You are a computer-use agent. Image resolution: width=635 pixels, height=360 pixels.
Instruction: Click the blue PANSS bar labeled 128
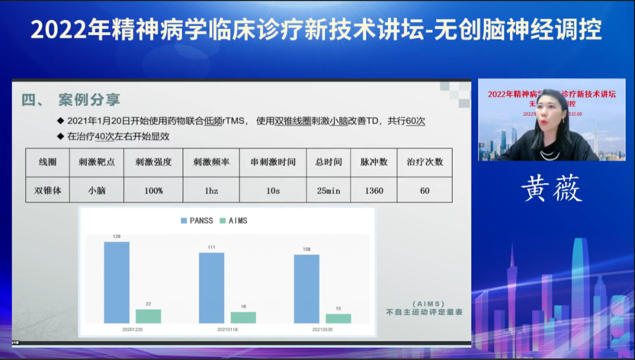pyautogui.click(x=116, y=282)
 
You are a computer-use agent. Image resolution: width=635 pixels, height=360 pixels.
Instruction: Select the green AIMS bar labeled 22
pyautogui.click(x=148, y=316)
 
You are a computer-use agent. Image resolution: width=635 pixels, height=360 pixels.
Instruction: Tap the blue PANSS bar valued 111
pyautogui.click(x=212, y=288)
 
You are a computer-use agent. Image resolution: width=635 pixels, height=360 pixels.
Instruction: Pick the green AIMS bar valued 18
pyautogui.click(x=243, y=317)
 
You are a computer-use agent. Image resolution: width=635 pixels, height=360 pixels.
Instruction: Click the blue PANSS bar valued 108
pyautogui.click(x=306, y=289)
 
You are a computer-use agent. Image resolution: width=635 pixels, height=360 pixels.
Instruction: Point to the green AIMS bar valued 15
pyautogui.click(x=338, y=318)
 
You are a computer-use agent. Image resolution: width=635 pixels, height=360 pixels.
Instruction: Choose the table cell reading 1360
pyautogui.click(x=374, y=191)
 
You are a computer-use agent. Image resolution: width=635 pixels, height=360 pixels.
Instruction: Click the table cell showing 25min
pyautogui.click(x=328, y=191)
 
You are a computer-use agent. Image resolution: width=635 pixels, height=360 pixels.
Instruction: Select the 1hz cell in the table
pyautogui.click(x=211, y=191)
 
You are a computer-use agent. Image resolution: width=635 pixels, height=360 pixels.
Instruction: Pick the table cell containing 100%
pyautogui.click(x=153, y=191)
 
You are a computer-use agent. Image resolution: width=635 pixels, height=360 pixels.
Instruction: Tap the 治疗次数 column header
pyautogui.click(x=425, y=162)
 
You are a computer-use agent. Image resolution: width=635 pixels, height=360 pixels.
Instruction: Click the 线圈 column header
pyautogui.click(x=48, y=162)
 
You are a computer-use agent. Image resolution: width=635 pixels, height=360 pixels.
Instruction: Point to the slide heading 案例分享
pyautogui.click(x=89, y=99)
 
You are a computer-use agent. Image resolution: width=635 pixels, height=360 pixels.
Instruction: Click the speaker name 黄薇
pyautogui.click(x=551, y=189)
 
